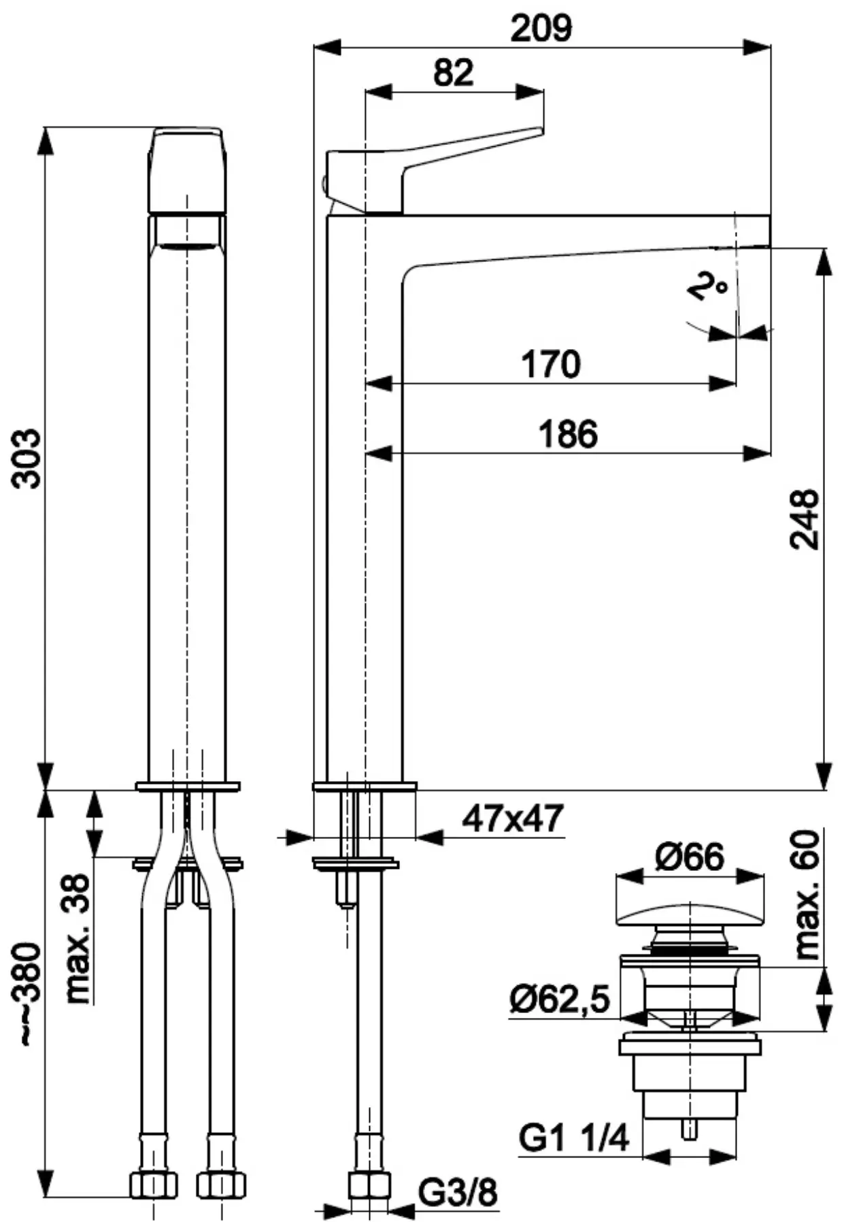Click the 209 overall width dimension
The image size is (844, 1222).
tap(541, 29)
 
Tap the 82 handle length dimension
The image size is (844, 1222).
tap(454, 72)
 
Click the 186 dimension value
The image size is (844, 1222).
tap(568, 433)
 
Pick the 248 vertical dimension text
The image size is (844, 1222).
tap(805, 518)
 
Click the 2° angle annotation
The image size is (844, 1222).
tap(708, 288)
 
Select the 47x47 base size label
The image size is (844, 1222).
tap(513, 819)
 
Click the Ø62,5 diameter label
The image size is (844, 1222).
tap(560, 1000)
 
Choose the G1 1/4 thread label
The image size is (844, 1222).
tap(575, 1137)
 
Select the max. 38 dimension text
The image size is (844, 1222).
tap(78, 938)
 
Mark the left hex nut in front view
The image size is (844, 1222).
tap(153, 1185)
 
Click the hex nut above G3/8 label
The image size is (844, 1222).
tap(369, 1185)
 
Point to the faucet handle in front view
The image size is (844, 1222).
tap(186, 170)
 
